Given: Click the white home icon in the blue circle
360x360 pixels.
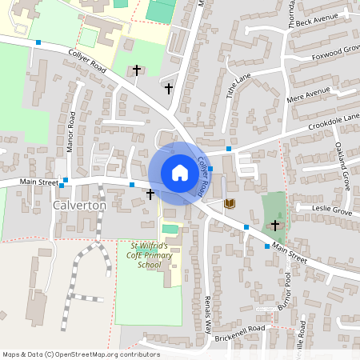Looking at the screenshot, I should pos(179,173).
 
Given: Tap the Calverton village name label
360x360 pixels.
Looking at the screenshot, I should pos(79,206).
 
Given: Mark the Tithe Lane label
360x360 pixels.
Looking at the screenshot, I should pos(238,85).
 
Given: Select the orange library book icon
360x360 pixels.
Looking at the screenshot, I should pos(230,205).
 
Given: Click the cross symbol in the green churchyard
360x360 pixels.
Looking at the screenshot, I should pos(276,226).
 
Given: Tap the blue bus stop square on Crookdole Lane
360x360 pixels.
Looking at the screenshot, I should pos(229,149).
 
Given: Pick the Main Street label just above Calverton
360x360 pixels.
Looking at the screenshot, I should pos(38,182).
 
